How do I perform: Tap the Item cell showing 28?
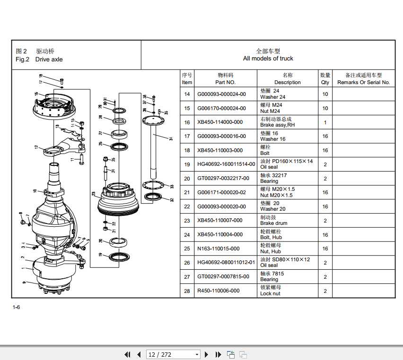(187, 291)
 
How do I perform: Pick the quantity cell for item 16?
(325, 122)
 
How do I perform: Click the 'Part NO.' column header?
(225, 82)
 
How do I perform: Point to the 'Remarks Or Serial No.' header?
(363, 82)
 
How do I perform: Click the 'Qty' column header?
(325, 82)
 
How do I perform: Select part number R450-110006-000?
(218, 291)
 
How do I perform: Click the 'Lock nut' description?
(270, 293)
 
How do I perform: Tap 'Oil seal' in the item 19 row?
(269, 167)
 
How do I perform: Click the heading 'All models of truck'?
(268, 59)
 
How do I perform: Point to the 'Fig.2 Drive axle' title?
(39, 60)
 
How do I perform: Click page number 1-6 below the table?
(16, 308)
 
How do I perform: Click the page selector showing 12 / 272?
(173, 354)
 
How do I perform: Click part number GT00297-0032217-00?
(222, 179)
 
